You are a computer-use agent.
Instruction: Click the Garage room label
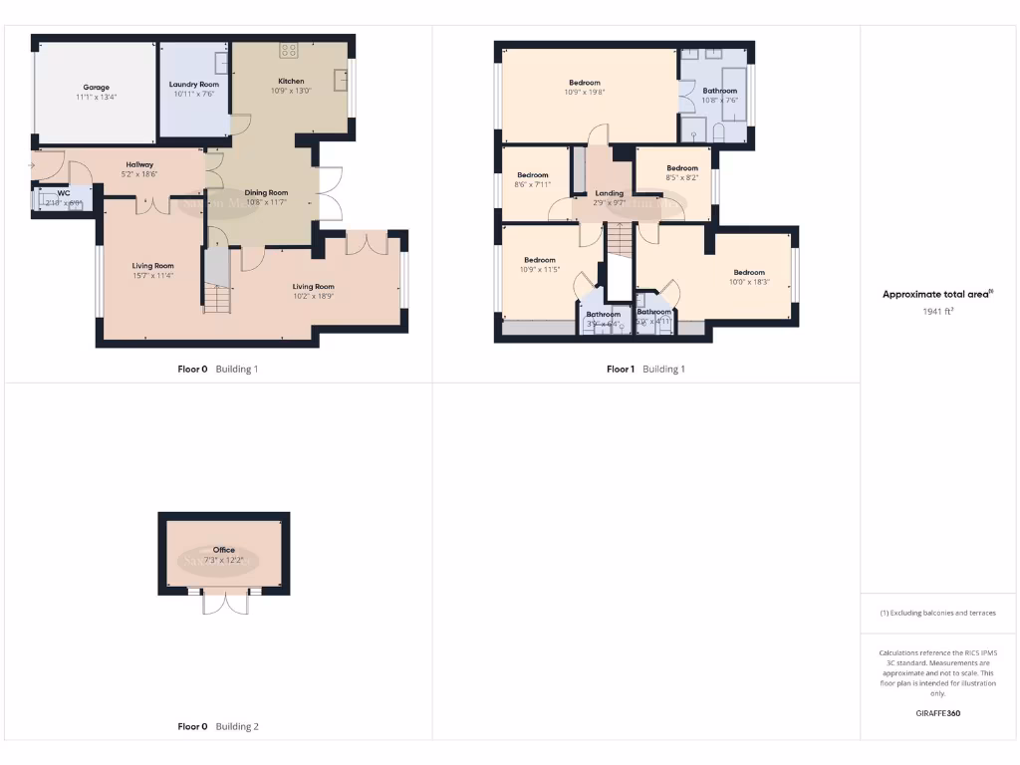tap(97, 88)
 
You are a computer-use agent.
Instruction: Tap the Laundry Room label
tap(194, 85)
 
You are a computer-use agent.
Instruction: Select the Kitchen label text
tap(291, 81)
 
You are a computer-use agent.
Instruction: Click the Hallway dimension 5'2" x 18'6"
tap(139, 174)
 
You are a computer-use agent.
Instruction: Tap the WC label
tap(63, 192)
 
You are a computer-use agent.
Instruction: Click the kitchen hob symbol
tap(290, 49)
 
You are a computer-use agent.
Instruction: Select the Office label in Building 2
tap(223, 550)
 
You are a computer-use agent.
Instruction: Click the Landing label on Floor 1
tap(610, 193)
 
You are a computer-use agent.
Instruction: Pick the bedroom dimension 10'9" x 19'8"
tap(585, 93)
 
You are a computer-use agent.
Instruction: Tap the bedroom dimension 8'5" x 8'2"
tap(682, 178)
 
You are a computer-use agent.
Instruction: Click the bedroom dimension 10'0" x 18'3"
tap(749, 283)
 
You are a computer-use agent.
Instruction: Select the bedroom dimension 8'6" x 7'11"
tap(533, 185)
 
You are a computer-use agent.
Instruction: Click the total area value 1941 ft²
tap(937, 311)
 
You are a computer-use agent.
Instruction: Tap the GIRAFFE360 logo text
tap(937, 713)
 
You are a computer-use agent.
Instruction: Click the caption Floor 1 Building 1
tap(645, 370)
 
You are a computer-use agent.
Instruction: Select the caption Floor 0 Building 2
tap(218, 727)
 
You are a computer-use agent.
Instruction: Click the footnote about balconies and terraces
tap(937, 613)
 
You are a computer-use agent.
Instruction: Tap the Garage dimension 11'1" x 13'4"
tap(97, 98)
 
